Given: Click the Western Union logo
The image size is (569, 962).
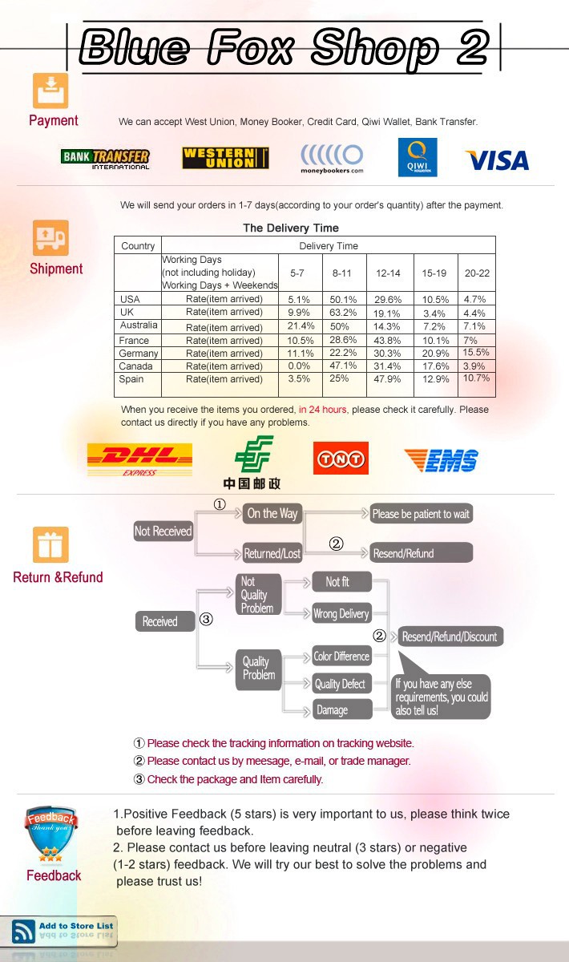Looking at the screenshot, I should (x=225, y=158).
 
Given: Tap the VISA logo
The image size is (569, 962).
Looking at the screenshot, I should (x=497, y=160).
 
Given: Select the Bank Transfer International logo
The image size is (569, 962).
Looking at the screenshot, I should (x=105, y=158).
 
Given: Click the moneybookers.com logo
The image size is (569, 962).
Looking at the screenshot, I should (x=332, y=158).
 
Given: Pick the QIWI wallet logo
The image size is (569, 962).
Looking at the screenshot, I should (x=418, y=157).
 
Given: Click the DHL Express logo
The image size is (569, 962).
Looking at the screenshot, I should (x=139, y=459).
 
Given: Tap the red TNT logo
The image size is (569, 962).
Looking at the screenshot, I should (x=341, y=459).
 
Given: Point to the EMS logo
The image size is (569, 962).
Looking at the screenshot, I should (x=442, y=460).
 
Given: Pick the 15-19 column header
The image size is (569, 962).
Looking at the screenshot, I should (x=434, y=273).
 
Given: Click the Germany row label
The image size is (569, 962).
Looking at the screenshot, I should (x=138, y=354).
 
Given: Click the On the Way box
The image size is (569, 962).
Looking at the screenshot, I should (x=272, y=514).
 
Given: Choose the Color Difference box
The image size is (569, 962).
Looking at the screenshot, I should (x=341, y=657).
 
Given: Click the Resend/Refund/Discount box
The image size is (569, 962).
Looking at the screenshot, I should (x=450, y=637).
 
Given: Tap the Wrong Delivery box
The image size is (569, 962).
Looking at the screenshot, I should (x=341, y=614).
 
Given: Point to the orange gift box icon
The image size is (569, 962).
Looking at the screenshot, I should (x=50, y=544).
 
